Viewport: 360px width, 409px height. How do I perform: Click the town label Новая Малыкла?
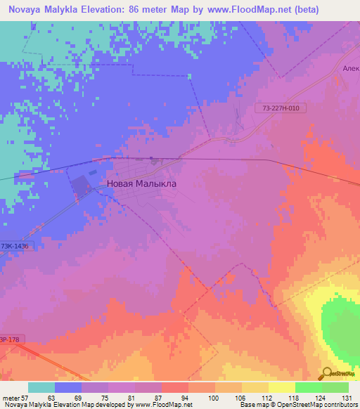[141, 183]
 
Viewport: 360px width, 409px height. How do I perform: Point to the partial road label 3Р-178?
[7, 338]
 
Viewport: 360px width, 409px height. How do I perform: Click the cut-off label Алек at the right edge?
[351, 69]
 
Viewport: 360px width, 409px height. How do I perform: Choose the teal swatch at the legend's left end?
[41, 387]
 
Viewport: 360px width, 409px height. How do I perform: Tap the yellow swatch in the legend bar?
[281, 387]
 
